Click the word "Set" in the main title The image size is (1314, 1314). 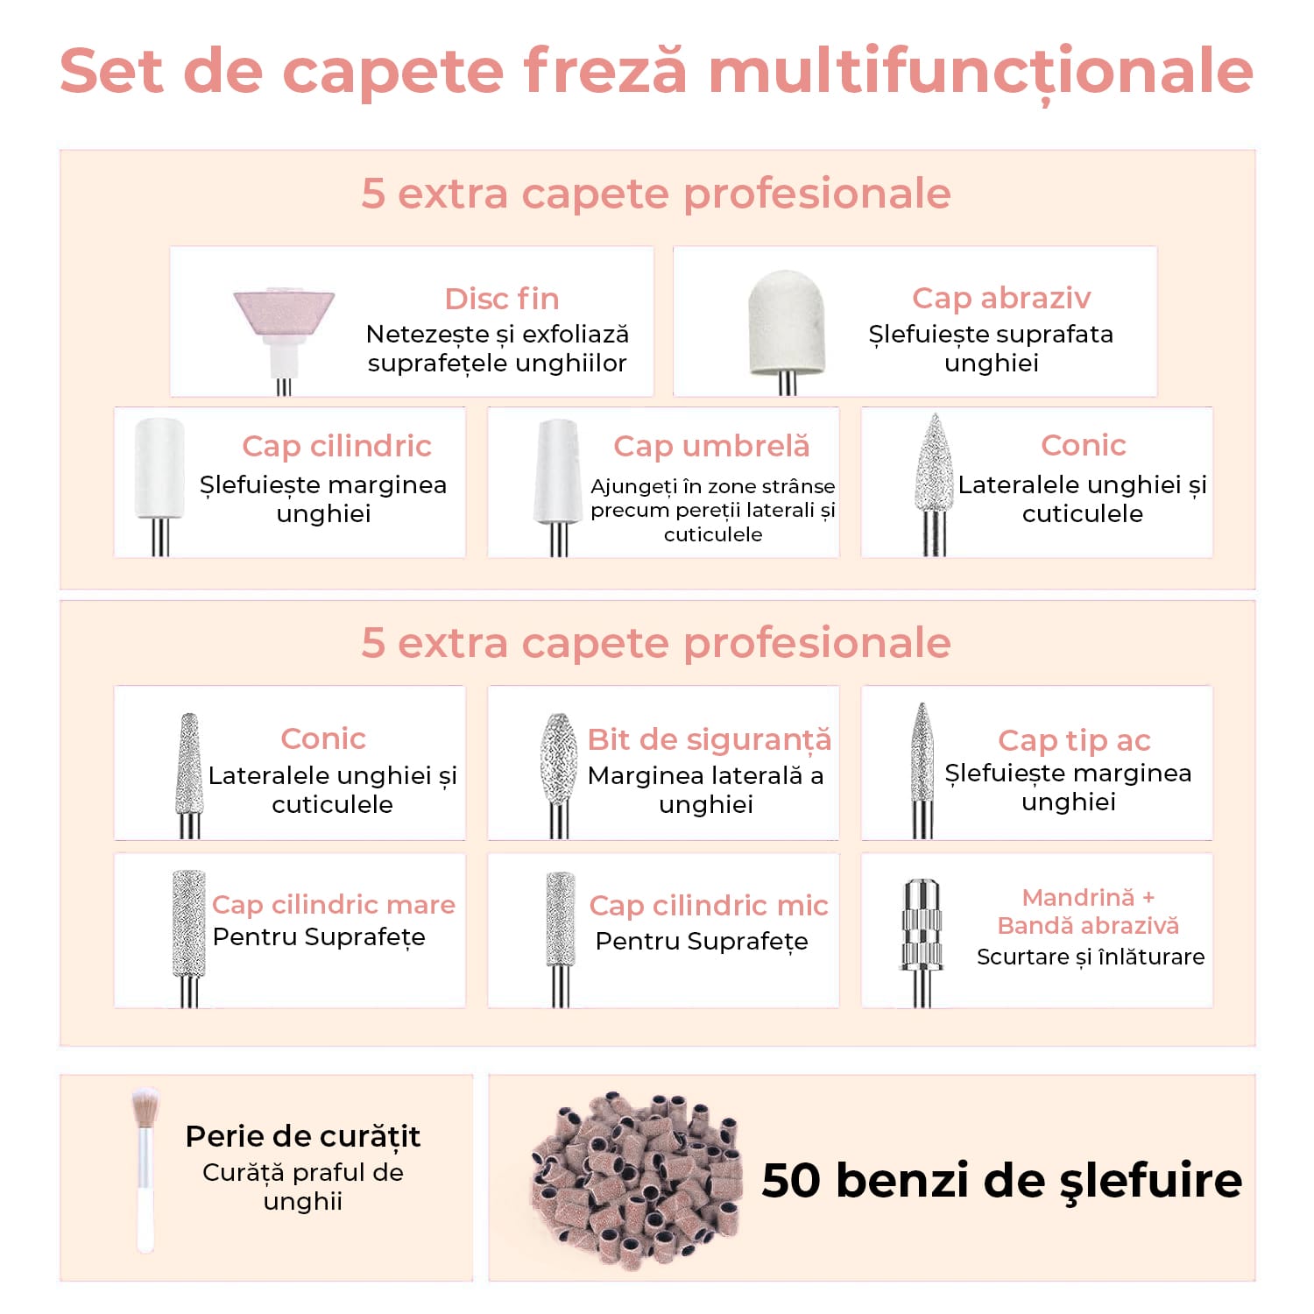point(112,70)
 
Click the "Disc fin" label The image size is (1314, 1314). point(502,299)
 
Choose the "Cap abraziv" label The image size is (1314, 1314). point(1001,298)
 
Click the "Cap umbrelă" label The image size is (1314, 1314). point(711,446)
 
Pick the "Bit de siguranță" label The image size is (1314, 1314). point(710,740)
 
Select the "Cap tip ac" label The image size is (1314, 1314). point(1074,741)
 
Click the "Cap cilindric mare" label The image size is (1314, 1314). point(334,904)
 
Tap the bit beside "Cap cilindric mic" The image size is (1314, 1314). point(560,937)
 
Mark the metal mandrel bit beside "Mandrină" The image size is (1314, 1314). point(921,942)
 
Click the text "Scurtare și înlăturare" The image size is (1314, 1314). point(1091,957)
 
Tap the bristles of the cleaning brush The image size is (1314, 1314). point(145,1107)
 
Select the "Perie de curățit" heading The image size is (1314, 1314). point(303,1136)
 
